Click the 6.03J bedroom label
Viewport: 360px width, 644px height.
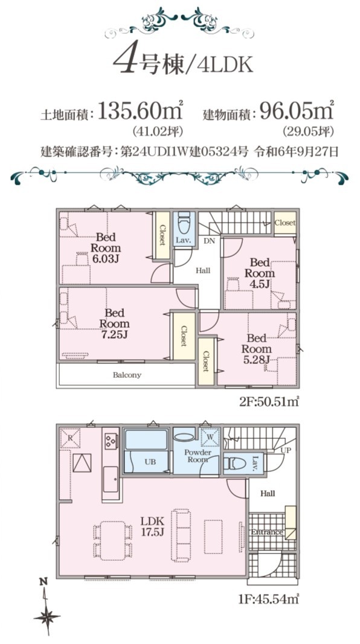point(106,247)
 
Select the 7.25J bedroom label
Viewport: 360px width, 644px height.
point(114,324)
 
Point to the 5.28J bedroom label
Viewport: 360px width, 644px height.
point(257,349)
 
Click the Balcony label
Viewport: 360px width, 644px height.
point(127,375)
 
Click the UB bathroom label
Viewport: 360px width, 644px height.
point(150,462)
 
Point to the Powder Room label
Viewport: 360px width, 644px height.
point(198,456)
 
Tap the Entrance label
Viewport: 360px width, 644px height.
point(267,532)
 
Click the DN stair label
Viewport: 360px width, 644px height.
point(209,241)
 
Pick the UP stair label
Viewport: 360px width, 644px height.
point(286,450)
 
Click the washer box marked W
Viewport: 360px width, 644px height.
point(210,437)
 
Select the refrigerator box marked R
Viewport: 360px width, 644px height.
point(70,438)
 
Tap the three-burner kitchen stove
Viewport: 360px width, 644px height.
point(111,441)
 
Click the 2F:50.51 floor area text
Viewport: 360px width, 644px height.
point(269,401)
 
